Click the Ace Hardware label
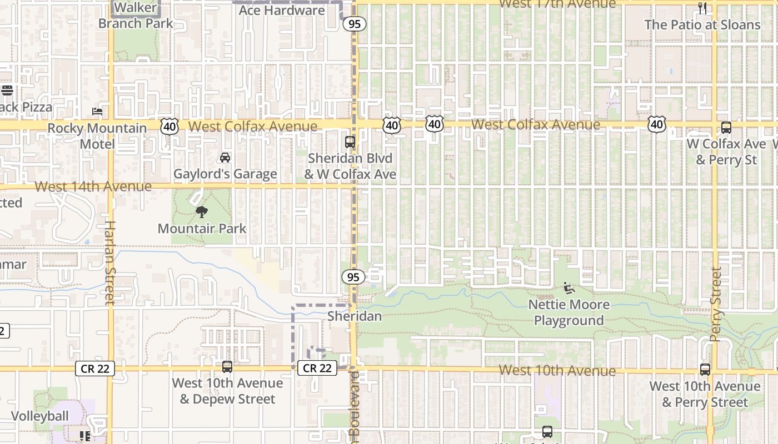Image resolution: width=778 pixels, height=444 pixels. (x=282, y=10)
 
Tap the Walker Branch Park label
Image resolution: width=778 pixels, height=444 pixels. (x=136, y=16)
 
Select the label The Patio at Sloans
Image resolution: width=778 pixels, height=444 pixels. (x=702, y=24)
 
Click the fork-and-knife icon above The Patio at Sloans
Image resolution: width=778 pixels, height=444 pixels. (x=702, y=8)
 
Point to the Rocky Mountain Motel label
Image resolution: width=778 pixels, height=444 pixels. (x=97, y=136)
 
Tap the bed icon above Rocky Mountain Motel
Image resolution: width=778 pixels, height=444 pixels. (x=97, y=112)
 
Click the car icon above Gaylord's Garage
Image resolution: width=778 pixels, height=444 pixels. (x=225, y=158)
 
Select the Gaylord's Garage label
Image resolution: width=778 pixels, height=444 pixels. (x=225, y=174)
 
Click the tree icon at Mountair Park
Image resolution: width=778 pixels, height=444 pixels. (x=202, y=211)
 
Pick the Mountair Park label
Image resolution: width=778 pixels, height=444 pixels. (x=202, y=228)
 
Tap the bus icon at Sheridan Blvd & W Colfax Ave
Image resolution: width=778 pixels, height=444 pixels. (x=350, y=142)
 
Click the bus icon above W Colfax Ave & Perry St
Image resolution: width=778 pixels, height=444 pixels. (x=726, y=128)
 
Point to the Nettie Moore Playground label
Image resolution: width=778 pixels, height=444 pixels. (x=568, y=312)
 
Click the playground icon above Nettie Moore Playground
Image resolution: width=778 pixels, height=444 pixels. (x=568, y=287)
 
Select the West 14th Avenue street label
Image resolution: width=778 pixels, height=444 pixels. (x=93, y=186)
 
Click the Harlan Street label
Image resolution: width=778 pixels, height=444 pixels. (x=109, y=263)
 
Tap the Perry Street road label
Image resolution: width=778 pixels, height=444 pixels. (x=716, y=305)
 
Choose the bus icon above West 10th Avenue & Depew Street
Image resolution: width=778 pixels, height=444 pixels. (x=227, y=367)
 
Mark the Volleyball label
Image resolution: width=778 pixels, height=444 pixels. (x=40, y=416)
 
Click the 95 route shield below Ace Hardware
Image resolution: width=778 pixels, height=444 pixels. (x=354, y=24)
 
